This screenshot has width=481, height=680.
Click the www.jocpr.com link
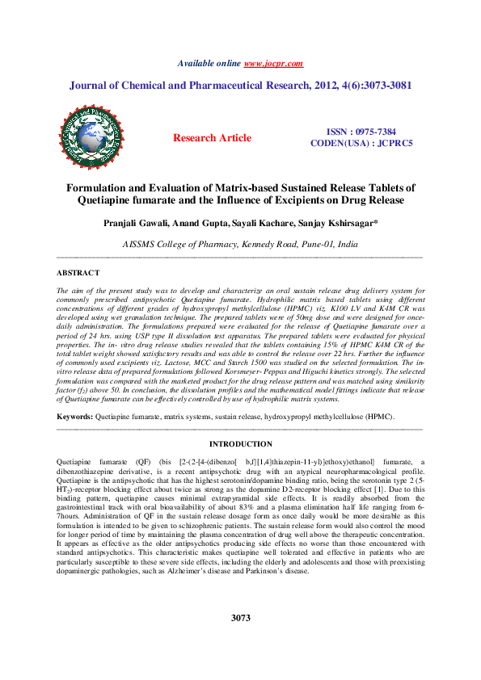(x=273, y=62)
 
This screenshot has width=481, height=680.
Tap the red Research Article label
(x=212, y=138)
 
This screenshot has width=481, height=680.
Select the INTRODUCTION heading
(x=241, y=444)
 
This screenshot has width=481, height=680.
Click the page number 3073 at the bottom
(x=240, y=618)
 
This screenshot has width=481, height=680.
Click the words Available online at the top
(x=209, y=62)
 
